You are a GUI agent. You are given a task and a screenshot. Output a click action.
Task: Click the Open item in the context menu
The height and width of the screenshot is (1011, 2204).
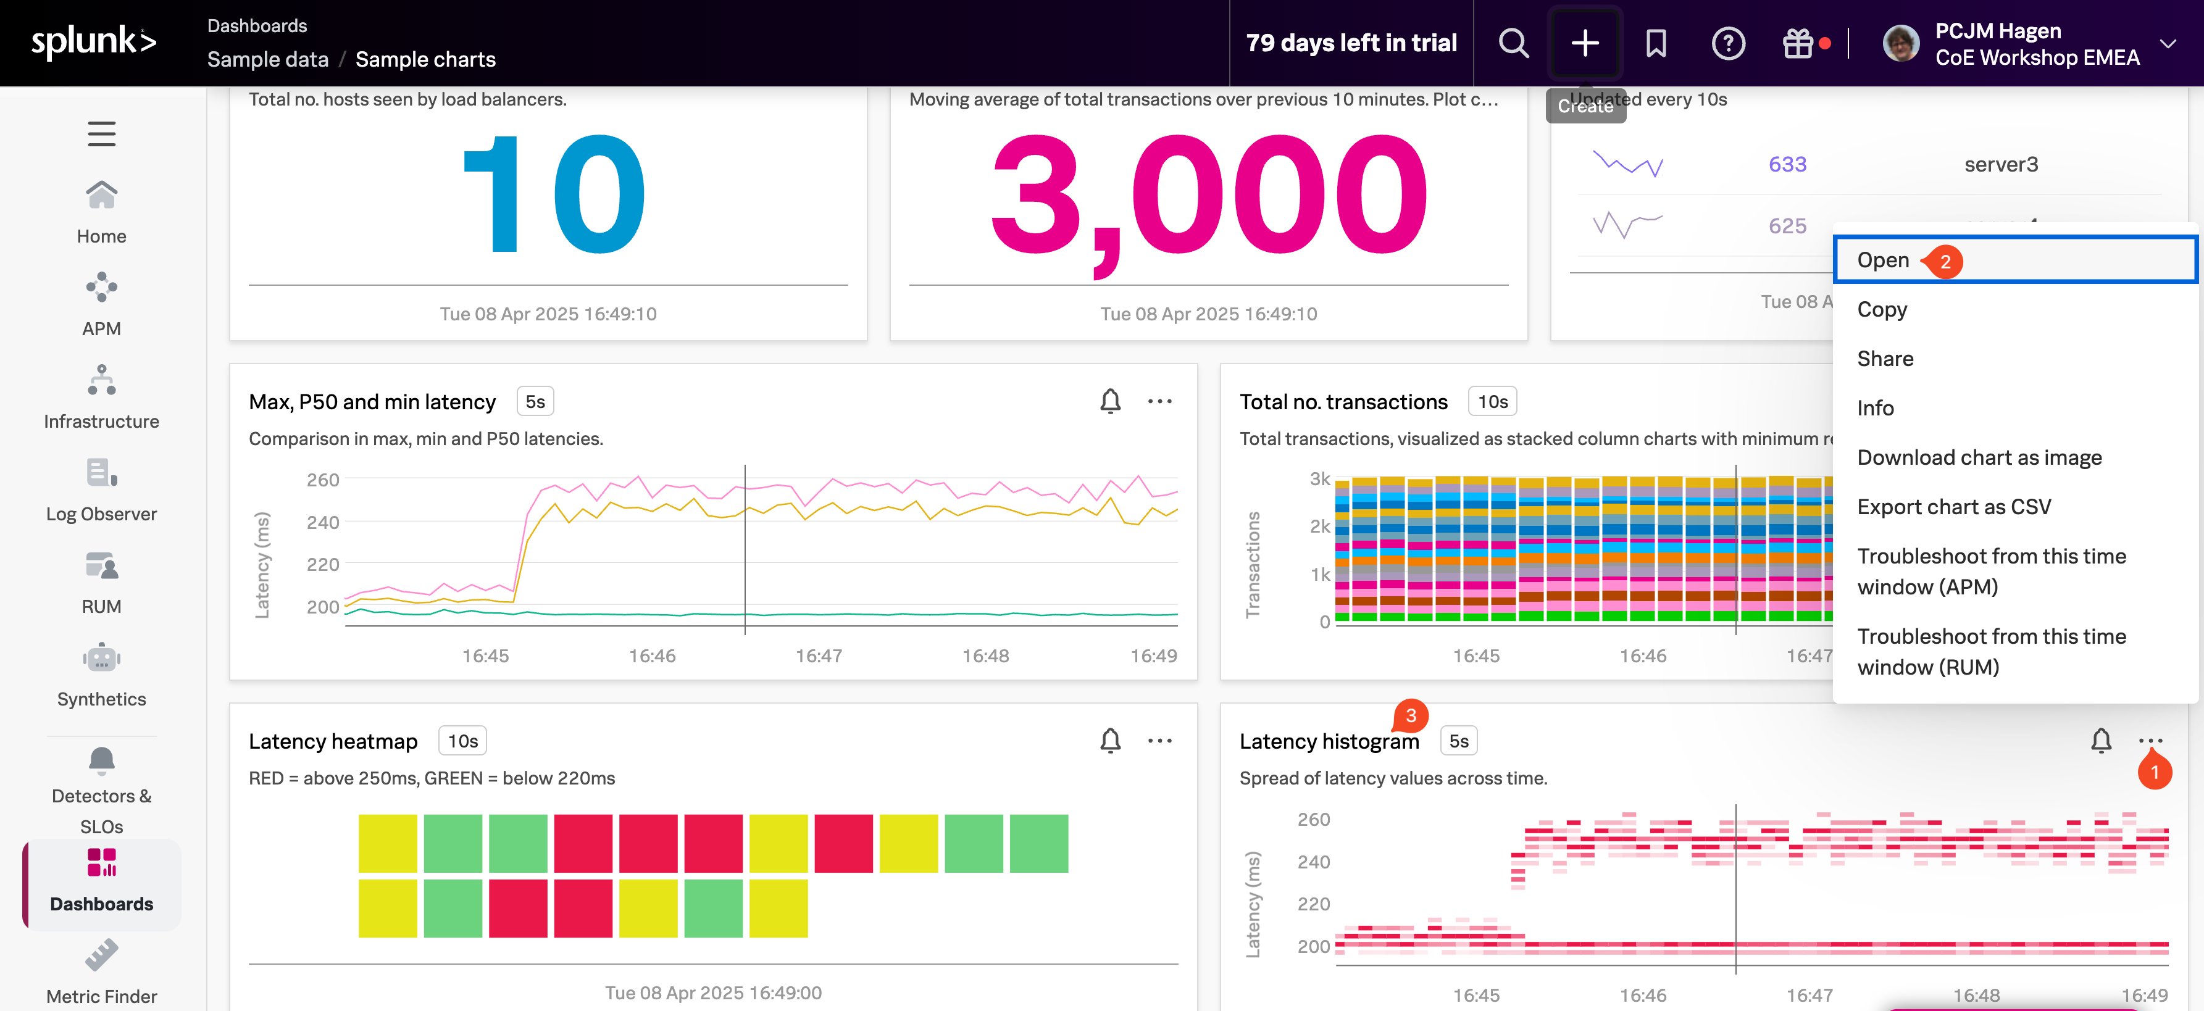1882,260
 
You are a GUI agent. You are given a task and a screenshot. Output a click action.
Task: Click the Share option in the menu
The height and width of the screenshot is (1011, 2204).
1885,359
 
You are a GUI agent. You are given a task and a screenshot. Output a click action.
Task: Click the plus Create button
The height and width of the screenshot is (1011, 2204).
1585,43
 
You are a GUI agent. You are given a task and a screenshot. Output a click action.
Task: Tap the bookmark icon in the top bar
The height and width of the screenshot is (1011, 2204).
1656,43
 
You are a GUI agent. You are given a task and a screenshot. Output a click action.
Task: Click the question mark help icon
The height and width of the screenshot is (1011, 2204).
1727,43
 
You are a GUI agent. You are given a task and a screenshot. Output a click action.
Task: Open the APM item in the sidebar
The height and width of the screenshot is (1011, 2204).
101,304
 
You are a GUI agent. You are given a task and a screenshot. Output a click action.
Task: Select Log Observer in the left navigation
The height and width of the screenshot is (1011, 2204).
101,489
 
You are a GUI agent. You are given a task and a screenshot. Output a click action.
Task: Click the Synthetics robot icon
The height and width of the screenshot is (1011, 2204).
101,659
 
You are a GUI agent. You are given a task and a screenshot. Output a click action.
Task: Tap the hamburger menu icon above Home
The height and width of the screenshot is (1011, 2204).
101,133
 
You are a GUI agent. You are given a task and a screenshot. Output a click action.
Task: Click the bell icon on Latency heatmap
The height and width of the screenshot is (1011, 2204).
1109,740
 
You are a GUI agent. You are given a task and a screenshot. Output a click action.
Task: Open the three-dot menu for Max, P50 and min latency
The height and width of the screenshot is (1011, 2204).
1159,401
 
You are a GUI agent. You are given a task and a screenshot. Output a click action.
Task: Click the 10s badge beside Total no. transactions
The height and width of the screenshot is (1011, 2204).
1492,401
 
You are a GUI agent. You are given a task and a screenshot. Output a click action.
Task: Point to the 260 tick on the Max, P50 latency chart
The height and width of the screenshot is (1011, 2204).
322,480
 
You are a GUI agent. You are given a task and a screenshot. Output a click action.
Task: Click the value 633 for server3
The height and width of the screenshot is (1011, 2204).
1787,164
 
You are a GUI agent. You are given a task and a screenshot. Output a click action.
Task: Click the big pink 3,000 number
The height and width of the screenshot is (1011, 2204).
1208,197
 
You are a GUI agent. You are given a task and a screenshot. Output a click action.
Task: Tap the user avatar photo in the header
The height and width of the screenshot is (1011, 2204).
1900,43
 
